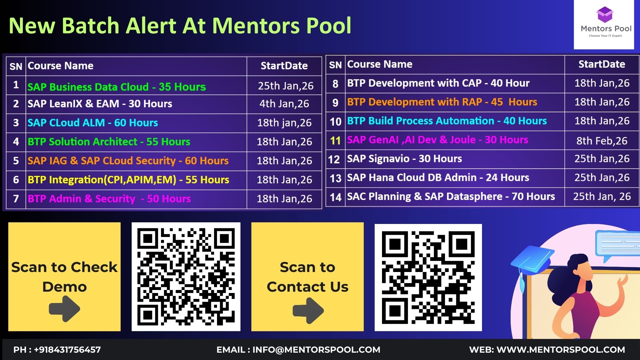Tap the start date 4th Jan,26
coord(284,104)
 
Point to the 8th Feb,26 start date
coord(602,141)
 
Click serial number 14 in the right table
coord(336,197)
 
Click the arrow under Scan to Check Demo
coord(64,309)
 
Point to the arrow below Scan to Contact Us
coord(308,310)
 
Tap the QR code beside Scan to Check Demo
coord(186,277)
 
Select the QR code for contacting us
coord(428,277)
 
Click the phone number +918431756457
coord(67,350)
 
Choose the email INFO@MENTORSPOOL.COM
coord(316,350)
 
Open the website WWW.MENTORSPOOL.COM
coord(561,350)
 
